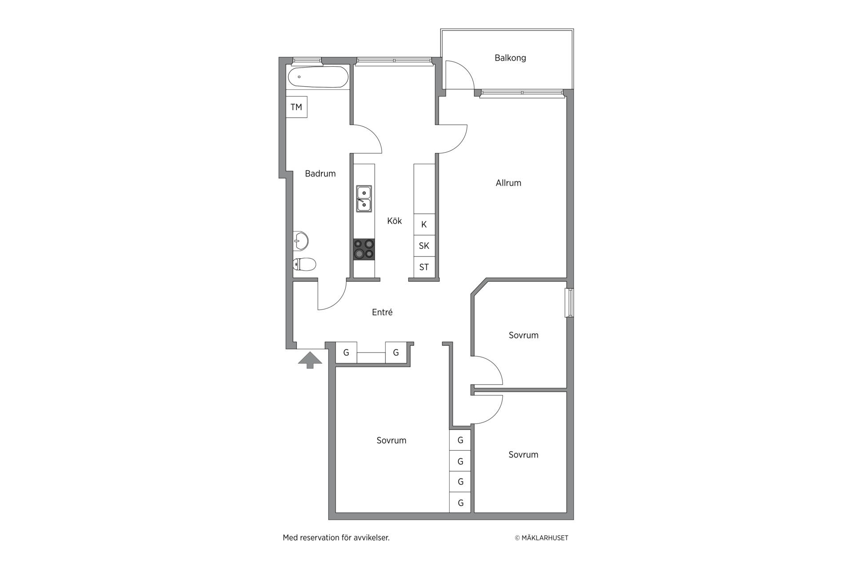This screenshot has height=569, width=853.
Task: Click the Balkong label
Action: pos(510,58)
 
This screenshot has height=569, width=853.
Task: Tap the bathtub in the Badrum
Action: pos(318,77)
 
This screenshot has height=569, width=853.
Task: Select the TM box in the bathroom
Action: pos(296,107)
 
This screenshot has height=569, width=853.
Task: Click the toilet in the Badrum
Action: pos(304,264)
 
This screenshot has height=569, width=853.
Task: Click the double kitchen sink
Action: pos(364,199)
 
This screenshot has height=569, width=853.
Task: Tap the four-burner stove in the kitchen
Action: pos(364,249)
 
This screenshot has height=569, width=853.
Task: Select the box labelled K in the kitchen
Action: pos(424,224)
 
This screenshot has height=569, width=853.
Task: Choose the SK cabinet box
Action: pos(424,246)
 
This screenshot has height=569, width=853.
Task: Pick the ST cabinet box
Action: pos(424,267)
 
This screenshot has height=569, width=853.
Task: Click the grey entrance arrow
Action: pos(310,360)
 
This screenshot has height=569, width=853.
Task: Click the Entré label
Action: pos(382,313)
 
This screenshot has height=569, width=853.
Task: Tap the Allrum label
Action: pos(508,183)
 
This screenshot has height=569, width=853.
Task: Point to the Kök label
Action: pos(395,221)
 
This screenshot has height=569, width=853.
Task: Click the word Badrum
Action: pos(320,174)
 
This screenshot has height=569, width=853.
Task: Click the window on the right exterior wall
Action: pos(569,303)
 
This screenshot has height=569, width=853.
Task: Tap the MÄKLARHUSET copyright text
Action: pos(542,538)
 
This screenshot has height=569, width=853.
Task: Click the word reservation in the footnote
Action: pos(319,538)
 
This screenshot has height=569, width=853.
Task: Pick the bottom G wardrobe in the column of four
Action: pos(460,503)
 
